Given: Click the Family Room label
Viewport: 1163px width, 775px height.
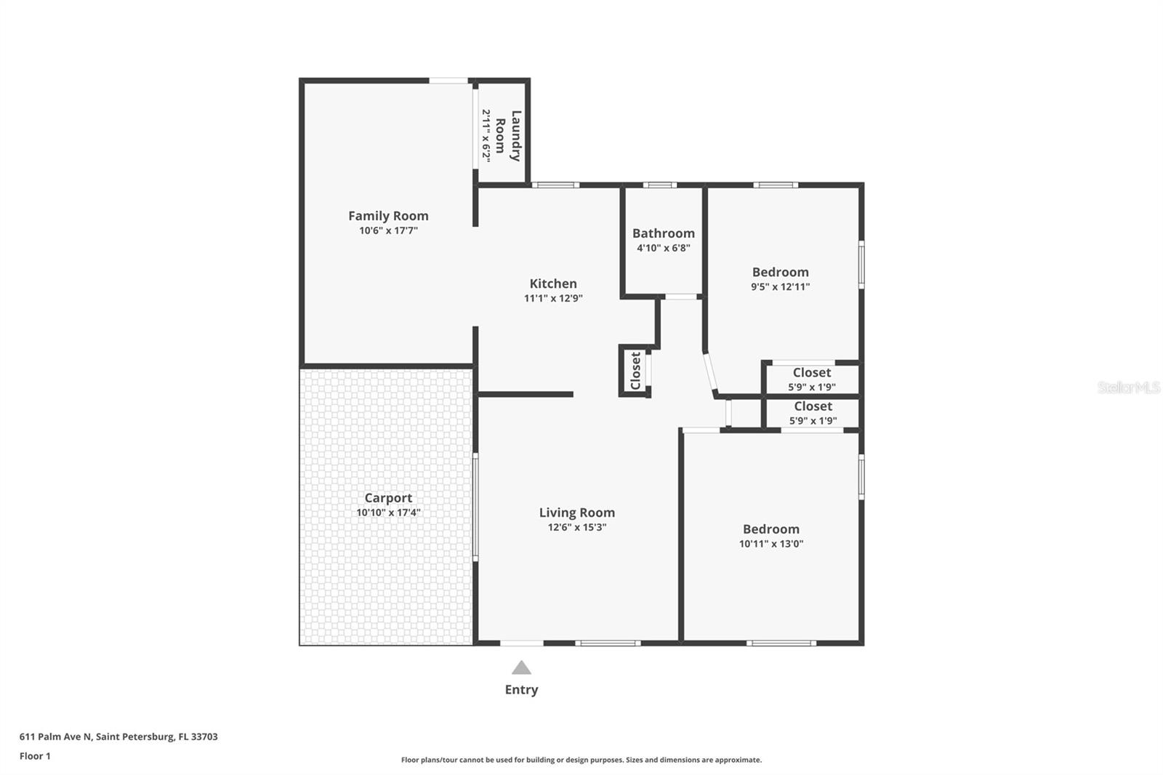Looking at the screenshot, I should point(388,216).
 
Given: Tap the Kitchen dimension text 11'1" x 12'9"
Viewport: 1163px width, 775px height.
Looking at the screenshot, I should point(553,298).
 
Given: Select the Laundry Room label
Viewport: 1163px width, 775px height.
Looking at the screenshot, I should point(507,136).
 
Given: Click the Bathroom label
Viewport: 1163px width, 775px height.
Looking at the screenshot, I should point(663,233).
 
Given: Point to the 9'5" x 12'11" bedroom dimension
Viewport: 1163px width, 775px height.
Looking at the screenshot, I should point(780,286).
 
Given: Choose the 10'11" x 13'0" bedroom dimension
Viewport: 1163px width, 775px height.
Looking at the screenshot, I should point(770,544).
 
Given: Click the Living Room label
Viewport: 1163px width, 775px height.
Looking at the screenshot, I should point(576,513).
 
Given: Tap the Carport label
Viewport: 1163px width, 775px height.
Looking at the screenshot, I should point(388,498).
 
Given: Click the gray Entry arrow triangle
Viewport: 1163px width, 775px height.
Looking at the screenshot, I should point(521,668).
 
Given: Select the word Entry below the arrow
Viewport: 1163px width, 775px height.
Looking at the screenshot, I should point(521,690).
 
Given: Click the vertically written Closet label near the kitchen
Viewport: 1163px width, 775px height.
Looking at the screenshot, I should point(635,371).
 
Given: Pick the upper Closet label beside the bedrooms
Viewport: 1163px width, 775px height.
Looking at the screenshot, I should point(811,373).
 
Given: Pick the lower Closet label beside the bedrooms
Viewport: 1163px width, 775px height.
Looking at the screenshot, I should point(813,406).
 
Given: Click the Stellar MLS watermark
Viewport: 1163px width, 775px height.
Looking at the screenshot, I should point(1128,387).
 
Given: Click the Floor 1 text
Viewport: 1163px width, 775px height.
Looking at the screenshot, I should point(35,756).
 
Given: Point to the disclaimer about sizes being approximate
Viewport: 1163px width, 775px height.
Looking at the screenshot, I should point(581,760).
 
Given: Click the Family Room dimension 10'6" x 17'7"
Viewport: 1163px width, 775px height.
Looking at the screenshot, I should point(388,230).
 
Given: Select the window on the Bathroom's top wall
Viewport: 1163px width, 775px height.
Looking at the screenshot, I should point(659,185).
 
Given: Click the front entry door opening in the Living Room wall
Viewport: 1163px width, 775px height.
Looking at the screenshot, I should point(521,643).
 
